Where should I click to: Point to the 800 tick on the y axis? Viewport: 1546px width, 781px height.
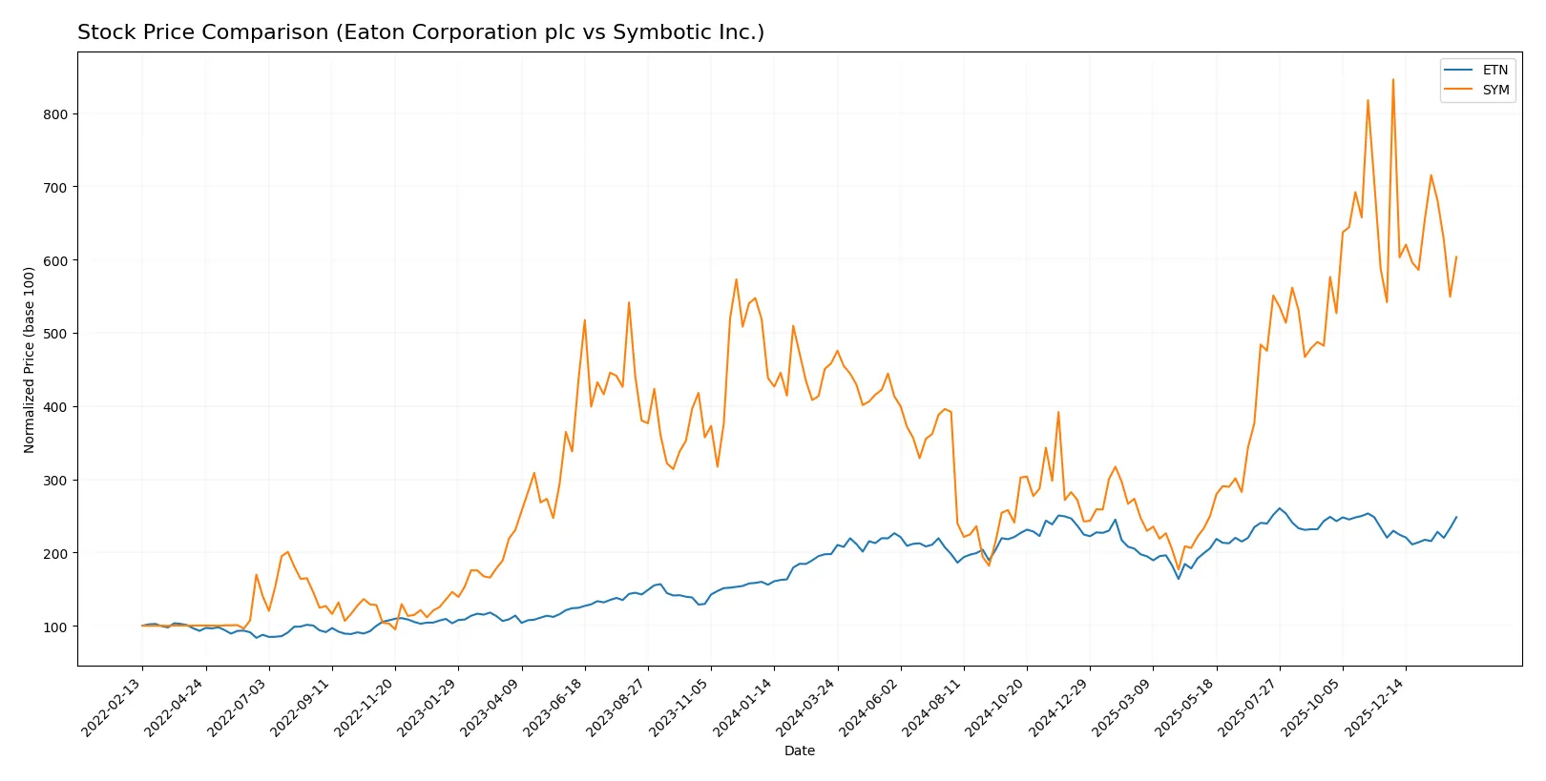(54, 114)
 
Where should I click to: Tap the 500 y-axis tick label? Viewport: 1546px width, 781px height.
(54, 334)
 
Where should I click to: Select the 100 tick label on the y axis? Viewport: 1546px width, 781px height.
(54, 627)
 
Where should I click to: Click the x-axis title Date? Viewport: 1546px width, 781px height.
(799, 751)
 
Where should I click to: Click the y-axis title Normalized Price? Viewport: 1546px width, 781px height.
(30, 360)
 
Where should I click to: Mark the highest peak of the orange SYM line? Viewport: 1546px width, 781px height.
(1392, 79)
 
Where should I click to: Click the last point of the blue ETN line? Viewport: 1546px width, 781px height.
(1456, 517)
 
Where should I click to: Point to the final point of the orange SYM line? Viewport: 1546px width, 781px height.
(1456, 257)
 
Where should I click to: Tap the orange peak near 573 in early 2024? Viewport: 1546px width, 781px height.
(737, 279)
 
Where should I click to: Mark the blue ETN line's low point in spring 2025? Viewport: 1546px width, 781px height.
(1179, 579)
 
